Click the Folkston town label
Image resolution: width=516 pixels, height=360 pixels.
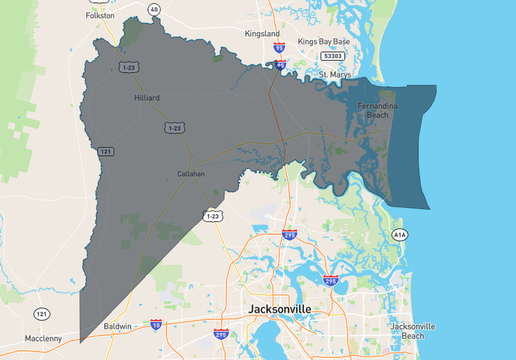coord(100,16)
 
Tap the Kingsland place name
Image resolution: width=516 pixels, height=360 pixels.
coord(262,33)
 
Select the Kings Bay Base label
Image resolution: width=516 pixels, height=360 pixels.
coord(324,41)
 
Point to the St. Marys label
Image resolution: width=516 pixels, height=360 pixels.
coord(335,75)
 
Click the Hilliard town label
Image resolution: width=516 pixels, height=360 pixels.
coord(147,98)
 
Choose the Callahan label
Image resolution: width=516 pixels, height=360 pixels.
coord(191,173)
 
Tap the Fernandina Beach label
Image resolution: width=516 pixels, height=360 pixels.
coord(378,110)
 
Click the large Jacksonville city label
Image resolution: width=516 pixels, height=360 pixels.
coord(279,309)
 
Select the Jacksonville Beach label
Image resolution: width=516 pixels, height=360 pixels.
coord(412,331)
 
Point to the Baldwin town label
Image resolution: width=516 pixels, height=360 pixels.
coord(117,326)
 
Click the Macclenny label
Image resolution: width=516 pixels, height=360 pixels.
coord(43,338)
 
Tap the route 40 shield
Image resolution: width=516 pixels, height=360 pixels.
coord(154,9)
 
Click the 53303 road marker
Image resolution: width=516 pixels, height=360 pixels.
coord(333,56)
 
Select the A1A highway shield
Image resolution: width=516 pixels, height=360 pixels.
coord(400,234)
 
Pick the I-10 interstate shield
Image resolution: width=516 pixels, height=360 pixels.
coord(156,324)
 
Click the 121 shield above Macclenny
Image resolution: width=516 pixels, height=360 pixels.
coord(41,314)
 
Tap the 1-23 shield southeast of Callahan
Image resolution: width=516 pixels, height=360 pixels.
coord(213,216)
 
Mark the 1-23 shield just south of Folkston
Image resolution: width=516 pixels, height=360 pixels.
coord(129,67)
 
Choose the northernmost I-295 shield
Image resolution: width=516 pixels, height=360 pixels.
coord(289,234)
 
